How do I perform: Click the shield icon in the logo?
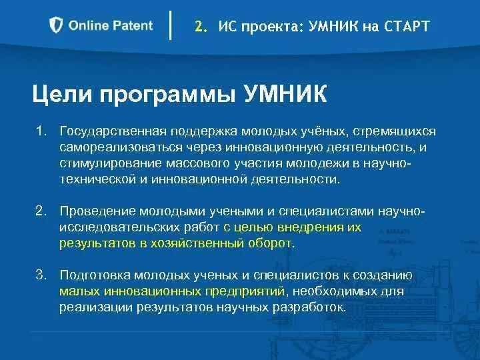tap(57, 26)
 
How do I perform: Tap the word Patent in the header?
tap(132, 26)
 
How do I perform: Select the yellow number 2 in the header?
tap(199, 27)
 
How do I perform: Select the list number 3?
tap(41, 275)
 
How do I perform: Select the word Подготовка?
tap(95, 275)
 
